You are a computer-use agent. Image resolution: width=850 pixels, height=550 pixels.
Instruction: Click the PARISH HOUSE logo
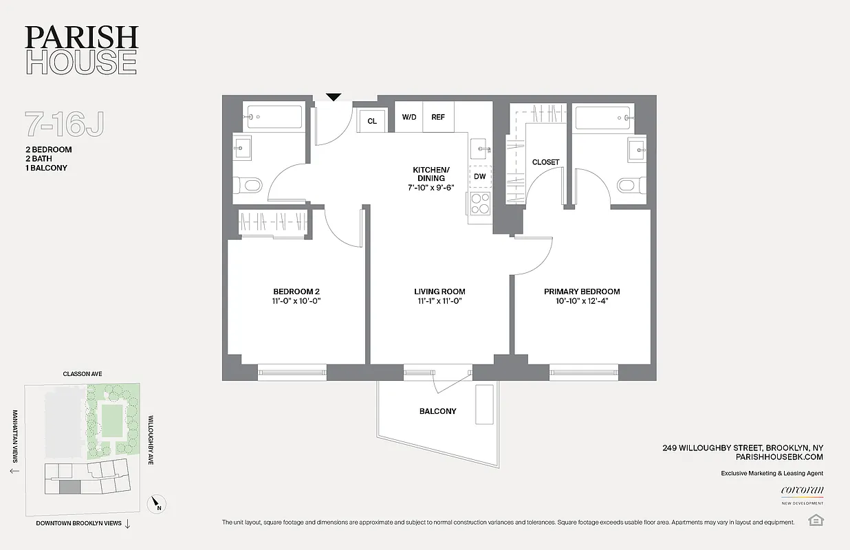point(81,50)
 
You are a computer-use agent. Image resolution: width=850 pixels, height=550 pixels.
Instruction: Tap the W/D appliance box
point(409,117)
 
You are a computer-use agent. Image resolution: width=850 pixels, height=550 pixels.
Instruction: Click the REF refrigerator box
point(438,117)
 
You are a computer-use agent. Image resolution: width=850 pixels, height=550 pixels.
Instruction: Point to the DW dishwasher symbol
point(480,177)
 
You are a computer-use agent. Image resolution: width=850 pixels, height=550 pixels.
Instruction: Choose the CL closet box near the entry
point(372,121)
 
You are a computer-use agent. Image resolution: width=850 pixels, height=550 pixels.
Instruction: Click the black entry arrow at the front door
point(334,98)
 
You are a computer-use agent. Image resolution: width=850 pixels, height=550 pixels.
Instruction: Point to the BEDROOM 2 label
point(296,291)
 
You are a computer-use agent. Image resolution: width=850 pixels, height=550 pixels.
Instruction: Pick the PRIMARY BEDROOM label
point(582,291)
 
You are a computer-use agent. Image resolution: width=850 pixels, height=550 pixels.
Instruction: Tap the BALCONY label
point(438,411)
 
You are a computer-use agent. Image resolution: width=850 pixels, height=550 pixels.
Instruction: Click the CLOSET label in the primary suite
point(546,162)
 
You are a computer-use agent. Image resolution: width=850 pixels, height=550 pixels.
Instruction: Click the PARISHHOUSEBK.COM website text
point(779,456)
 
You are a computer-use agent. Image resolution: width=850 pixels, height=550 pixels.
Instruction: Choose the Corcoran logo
point(802,491)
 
